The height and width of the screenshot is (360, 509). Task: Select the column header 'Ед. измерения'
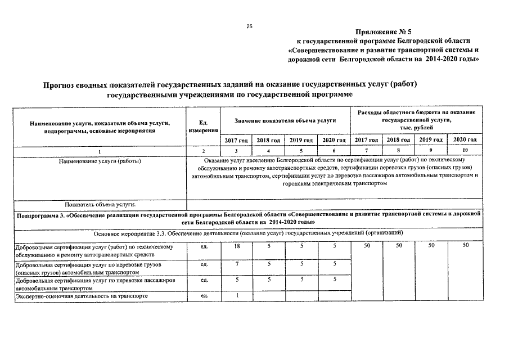tap(203, 126)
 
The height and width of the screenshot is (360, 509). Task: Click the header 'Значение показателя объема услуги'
tap(285, 121)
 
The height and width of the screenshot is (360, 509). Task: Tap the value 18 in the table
tap(237, 246)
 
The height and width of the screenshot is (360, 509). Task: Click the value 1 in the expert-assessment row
tap(237, 295)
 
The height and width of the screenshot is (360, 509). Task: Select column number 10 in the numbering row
tap(465, 150)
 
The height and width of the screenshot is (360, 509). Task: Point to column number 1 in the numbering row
tap(100, 151)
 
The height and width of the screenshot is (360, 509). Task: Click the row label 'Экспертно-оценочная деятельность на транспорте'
tap(82, 295)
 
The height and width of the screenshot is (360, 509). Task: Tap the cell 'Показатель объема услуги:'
tap(100, 205)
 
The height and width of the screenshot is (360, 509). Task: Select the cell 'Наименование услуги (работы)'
tap(100, 161)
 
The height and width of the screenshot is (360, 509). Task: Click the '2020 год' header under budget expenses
tap(465, 139)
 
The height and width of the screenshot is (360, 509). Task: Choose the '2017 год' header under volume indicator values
tap(236, 139)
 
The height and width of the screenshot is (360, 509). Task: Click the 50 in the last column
tap(465, 246)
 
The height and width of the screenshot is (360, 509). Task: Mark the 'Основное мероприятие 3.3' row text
tap(247, 233)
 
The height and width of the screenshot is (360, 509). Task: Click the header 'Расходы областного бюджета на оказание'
tap(416, 112)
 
